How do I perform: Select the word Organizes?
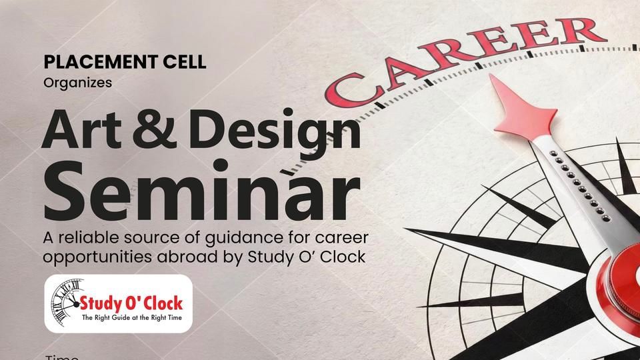point(69,83)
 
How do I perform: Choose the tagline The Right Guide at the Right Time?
point(131,319)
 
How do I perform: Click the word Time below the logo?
point(61,357)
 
